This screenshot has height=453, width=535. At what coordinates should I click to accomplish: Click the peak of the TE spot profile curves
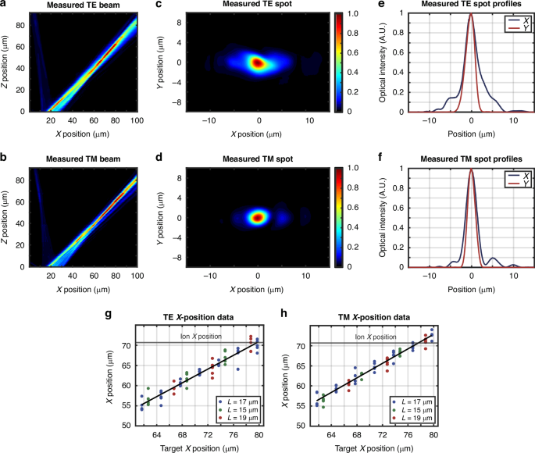pyautogui.click(x=471, y=14)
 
